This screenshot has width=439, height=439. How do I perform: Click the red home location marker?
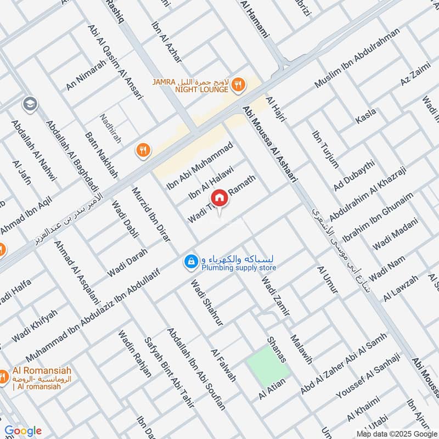219,198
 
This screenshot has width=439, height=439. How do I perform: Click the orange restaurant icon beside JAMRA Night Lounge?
237,85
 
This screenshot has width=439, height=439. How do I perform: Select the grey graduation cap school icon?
30,104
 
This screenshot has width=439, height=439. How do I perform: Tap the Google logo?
22,431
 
